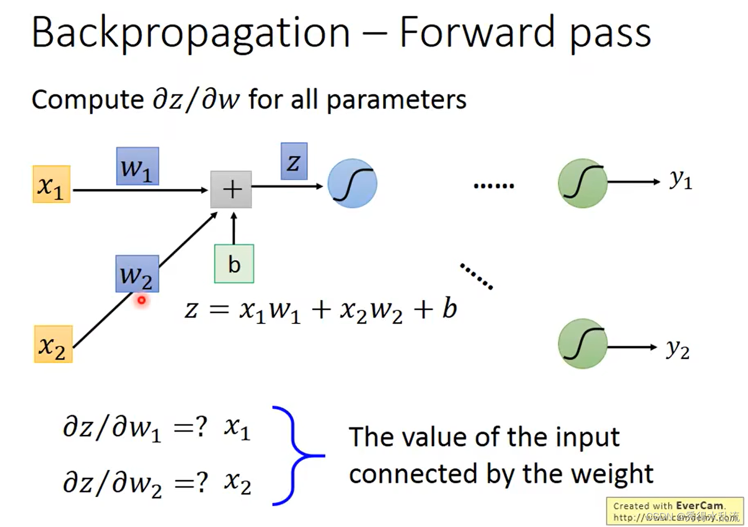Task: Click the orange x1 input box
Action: click(x=51, y=184)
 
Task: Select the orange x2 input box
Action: click(x=53, y=344)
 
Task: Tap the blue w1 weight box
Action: click(x=137, y=166)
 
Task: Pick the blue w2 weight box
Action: click(x=137, y=274)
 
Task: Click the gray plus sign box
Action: click(x=231, y=189)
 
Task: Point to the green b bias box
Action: click(x=234, y=264)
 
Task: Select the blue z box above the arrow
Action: click(x=294, y=161)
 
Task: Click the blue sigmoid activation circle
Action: click(x=352, y=183)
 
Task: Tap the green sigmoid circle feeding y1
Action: click(x=583, y=183)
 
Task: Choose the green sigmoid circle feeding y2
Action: click(x=583, y=344)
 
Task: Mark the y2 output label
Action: click(x=678, y=348)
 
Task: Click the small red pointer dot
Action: click(x=142, y=300)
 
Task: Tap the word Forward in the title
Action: click(x=477, y=33)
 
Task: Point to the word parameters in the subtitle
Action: click(x=396, y=100)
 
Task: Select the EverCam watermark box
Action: click(x=675, y=511)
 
